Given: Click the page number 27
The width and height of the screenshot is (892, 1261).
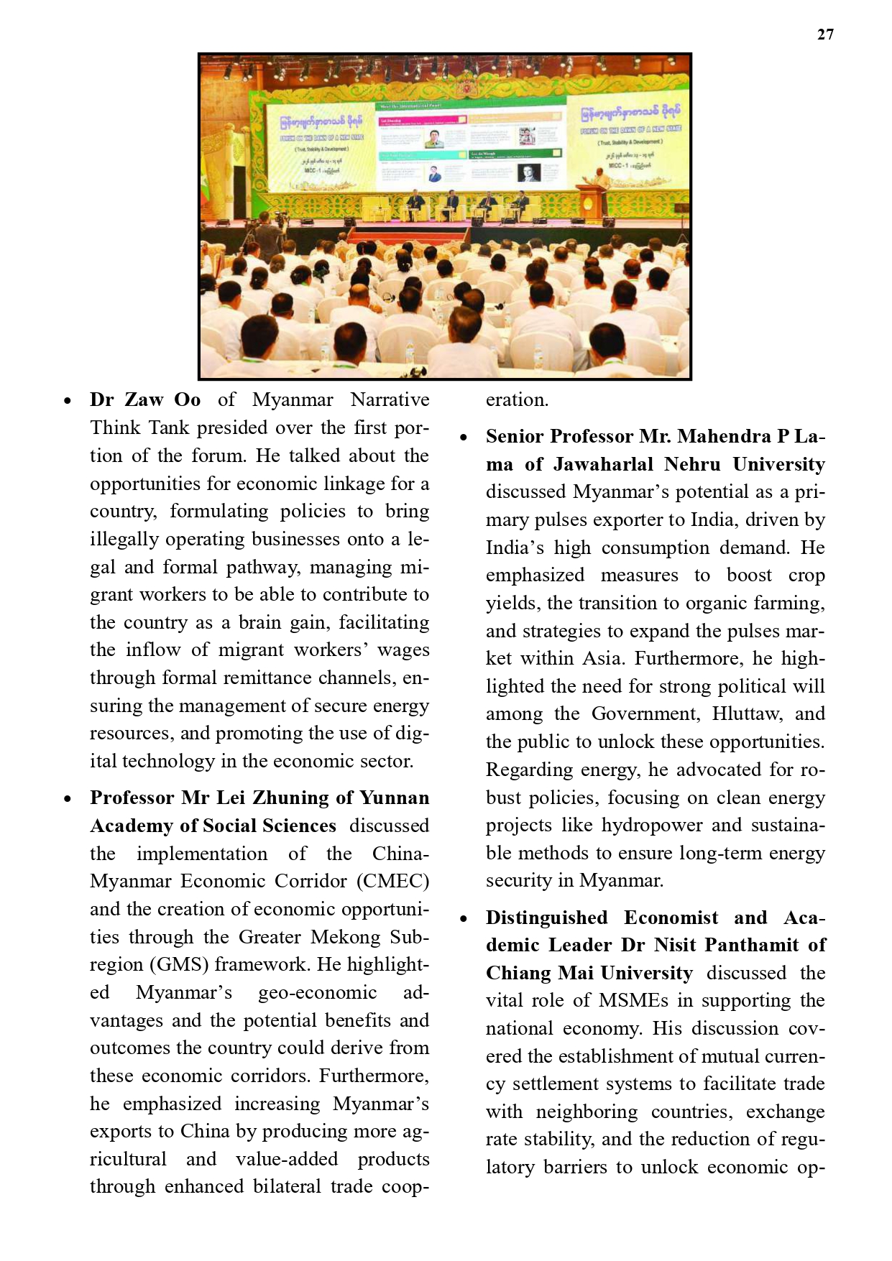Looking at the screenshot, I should [x=825, y=34].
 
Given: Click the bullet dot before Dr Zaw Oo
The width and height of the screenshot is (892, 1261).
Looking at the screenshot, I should [x=68, y=402].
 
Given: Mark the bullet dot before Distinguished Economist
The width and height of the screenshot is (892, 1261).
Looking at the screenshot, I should [x=464, y=919].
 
